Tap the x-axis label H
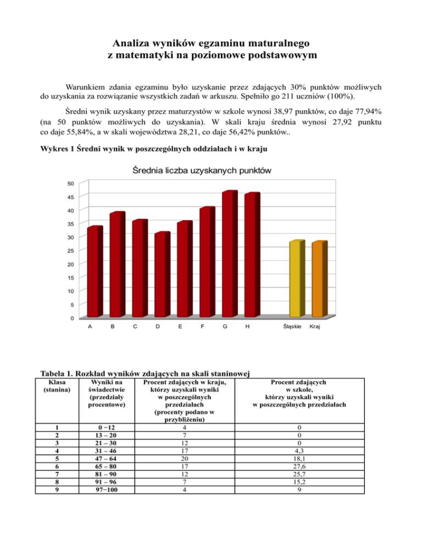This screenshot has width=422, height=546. pos(248,327)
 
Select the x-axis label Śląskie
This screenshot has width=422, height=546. pos(291,327)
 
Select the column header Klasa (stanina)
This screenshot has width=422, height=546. pos(54,385)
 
